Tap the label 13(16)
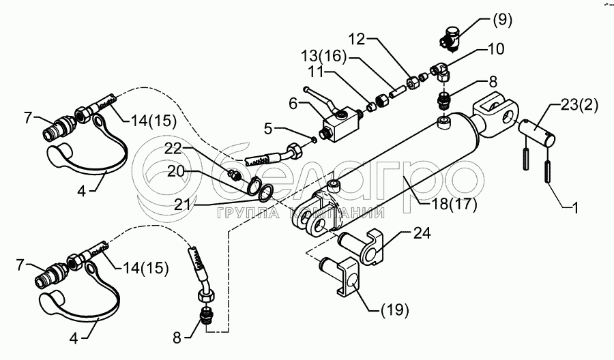323,57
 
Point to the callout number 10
495,49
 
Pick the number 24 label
422,232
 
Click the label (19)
394,310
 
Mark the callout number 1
575,208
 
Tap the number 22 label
173,149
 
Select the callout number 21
182,205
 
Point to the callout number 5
268,128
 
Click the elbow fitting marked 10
441,72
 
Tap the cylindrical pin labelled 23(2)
538,134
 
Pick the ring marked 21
266,192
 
